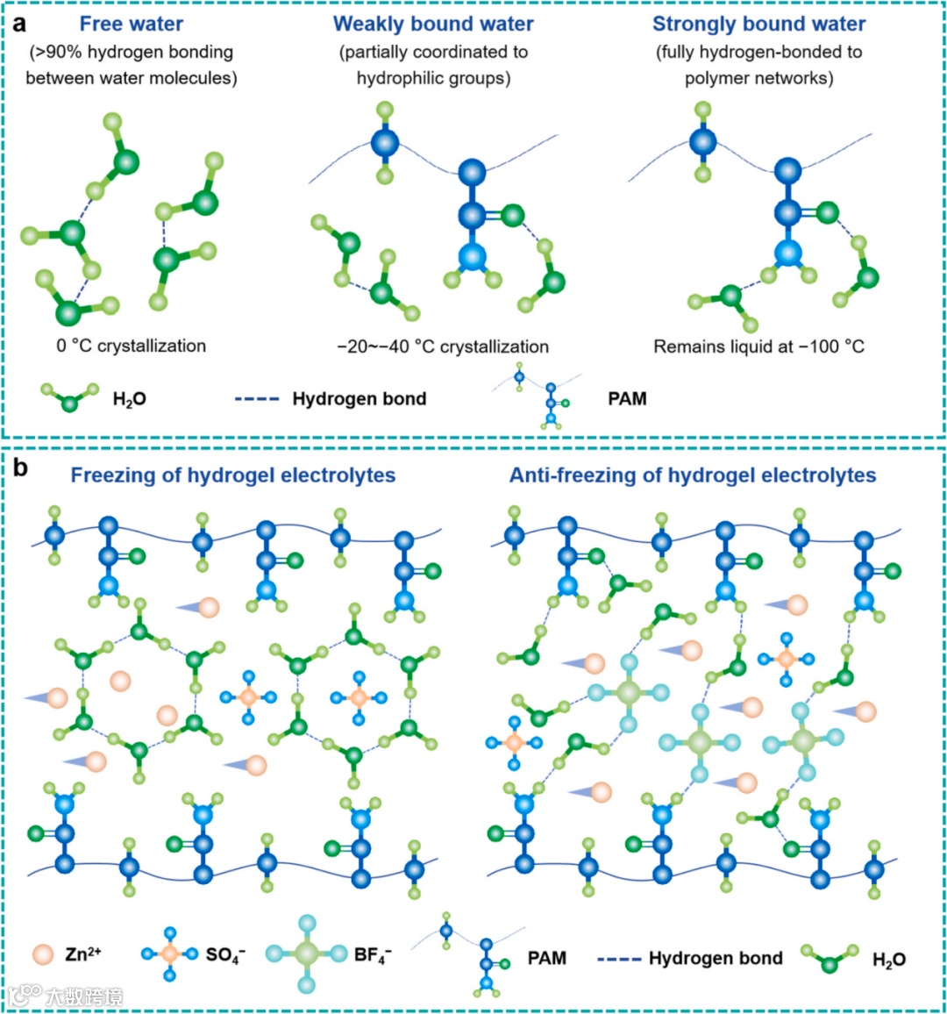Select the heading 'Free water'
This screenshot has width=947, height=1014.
click(131, 24)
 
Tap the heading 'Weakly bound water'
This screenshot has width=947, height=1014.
click(433, 24)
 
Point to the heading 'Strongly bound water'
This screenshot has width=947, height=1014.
click(758, 24)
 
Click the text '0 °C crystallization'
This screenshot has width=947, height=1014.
click(132, 346)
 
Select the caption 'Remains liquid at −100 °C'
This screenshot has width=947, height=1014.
click(758, 346)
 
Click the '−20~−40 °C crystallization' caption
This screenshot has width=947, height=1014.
click(443, 346)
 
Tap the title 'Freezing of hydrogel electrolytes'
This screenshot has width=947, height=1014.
click(232, 475)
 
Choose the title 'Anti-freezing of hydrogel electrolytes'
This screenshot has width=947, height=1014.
click(693, 475)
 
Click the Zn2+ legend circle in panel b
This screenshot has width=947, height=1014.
click(41, 954)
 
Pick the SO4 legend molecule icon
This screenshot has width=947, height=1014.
click(170, 953)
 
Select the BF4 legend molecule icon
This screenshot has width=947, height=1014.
click(306, 954)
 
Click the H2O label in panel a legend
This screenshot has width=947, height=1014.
click(129, 400)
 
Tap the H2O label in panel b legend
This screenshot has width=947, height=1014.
click(888, 960)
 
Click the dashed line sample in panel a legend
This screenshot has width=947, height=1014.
click(257, 399)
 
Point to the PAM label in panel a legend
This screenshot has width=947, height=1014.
click(627, 399)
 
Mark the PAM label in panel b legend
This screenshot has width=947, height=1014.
click(546, 958)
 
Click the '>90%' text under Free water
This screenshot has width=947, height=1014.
click(53, 52)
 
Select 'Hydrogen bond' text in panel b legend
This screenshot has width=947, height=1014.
click(716, 958)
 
